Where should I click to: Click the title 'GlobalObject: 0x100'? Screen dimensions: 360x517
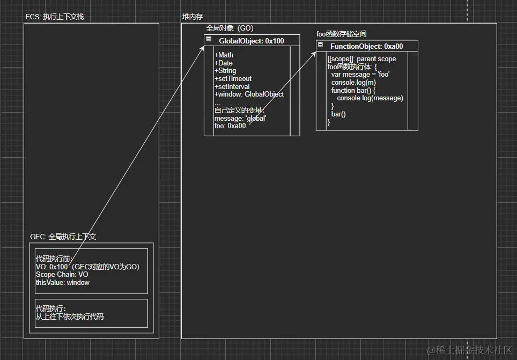pyautogui.click(x=251, y=41)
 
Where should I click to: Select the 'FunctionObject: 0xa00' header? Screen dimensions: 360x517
pyautogui.click(x=366, y=47)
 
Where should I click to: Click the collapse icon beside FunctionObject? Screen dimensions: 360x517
pyautogui.click(x=320, y=46)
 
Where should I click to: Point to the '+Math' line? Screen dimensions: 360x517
pyautogui.click(x=224, y=55)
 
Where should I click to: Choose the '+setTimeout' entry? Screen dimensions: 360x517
pyautogui.click(x=233, y=79)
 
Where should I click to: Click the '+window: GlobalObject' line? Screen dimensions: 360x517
pyautogui.click(x=249, y=94)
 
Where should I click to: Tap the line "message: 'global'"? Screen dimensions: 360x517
pyautogui.click(x=240, y=118)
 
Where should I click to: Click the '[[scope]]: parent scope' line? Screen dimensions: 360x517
pyautogui.click(x=361, y=59)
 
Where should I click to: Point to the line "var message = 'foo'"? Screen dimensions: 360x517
pyautogui.click(x=360, y=75)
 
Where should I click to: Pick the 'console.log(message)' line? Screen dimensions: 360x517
pyautogui.click(x=370, y=98)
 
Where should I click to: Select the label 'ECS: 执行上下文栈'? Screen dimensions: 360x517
pyautogui.click(x=54, y=17)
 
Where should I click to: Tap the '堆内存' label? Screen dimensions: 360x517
pyautogui.click(x=193, y=17)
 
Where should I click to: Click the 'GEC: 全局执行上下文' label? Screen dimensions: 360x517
pyautogui.click(x=63, y=237)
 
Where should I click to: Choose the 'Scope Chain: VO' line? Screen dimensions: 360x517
pyautogui.click(x=62, y=275)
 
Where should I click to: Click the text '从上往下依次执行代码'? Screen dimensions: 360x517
pyautogui.click(x=69, y=317)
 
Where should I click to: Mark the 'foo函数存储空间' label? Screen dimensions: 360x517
pyautogui.click(x=341, y=34)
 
